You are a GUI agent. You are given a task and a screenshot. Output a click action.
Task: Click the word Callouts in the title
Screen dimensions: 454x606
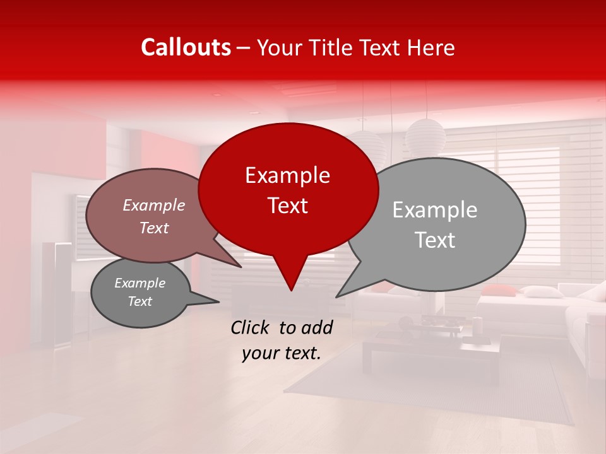tap(186, 47)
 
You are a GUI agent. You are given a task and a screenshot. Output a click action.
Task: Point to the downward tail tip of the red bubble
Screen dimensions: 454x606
tap(291, 290)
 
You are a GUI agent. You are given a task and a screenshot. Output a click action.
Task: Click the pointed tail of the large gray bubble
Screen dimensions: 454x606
tap(338, 296)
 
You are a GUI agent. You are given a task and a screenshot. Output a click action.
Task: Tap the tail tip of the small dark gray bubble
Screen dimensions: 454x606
tap(218, 302)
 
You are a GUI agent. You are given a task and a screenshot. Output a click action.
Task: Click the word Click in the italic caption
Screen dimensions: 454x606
tap(251, 327)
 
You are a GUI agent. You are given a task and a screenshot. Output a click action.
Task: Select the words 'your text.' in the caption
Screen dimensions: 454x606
tap(282, 353)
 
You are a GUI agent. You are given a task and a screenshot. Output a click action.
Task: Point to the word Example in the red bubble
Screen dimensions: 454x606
tap(288, 175)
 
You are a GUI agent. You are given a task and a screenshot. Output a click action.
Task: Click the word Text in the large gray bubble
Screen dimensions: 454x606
tap(436, 240)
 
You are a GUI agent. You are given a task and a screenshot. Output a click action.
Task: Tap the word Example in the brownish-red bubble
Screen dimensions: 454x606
tap(154, 205)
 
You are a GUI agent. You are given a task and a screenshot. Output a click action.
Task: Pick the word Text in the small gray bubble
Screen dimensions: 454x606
tap(140, 301)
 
